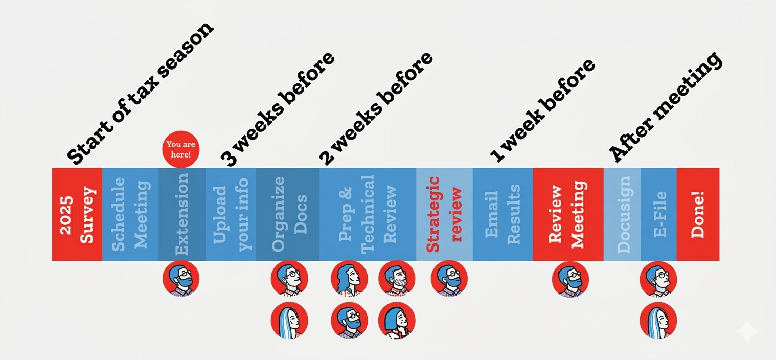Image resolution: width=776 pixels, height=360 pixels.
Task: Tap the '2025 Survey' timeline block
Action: click(x=77, y=214)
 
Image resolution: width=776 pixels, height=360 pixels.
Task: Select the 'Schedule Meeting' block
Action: click(x=130, y=214)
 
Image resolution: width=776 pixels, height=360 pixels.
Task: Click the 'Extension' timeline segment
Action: click(x=182, y=214)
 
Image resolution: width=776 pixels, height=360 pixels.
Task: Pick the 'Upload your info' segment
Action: click(x=231, y=214)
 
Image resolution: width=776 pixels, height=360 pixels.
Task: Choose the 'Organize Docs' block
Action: click(x=288, y=214)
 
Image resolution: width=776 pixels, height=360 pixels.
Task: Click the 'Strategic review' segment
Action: click(x=444, y=214)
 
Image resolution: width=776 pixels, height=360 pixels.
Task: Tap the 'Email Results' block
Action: click(x=503, y=214)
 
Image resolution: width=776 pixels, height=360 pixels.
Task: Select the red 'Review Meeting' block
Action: click(x=568, y=214)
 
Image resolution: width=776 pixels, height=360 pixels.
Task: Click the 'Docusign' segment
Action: click(x=622, y=214)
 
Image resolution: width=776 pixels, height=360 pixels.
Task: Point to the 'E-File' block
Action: click(x=659, y=214)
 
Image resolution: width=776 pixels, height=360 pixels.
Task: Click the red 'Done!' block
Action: click(x=698, y=214)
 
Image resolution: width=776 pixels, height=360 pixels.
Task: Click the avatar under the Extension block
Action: click(x=181, y=279)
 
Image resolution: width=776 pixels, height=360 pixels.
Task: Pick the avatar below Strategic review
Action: click(x=449, y=279)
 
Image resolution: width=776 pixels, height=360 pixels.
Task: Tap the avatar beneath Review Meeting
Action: click(x=570, y=279)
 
